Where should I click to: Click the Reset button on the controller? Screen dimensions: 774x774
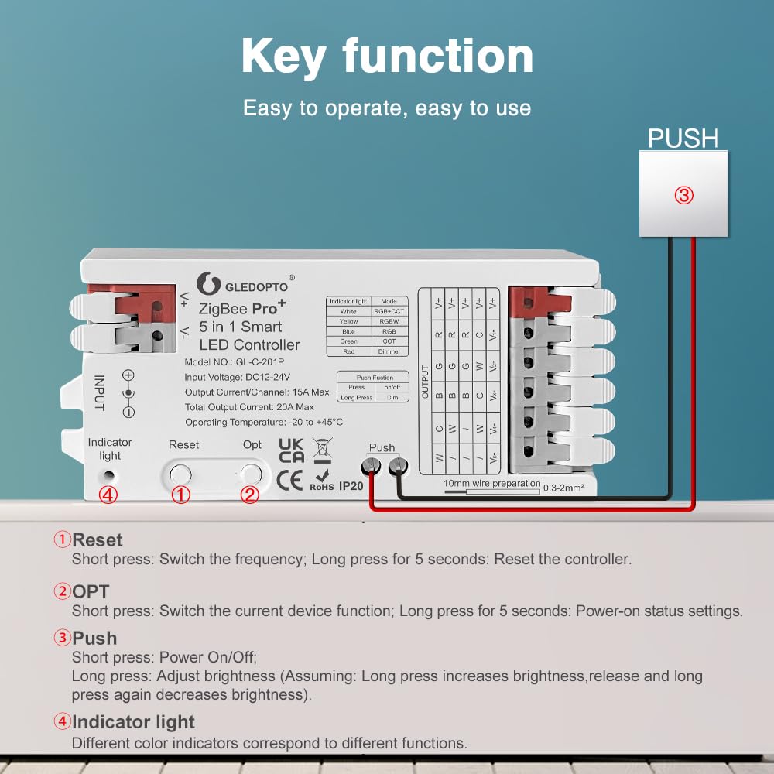click(x=180, y=473)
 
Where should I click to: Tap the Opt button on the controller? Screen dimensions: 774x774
click(x=251, y=473)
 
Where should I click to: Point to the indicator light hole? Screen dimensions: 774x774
click(x=110, y=475)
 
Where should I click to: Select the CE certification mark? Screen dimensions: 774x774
click(x=291, y=480)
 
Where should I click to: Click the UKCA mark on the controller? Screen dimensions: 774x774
click(x=291, y=450)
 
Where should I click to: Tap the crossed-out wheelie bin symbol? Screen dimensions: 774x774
click(x=320, y=449)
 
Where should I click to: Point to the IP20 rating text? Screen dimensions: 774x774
click(x=351, y=485)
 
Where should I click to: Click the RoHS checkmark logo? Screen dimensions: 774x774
click(x=322, y=479)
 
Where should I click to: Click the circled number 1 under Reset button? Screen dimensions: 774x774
click(x=180, y=495)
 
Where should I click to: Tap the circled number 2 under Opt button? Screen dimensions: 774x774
click(x=250, y=495)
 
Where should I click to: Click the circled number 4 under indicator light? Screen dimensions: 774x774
click(x=109, y=495)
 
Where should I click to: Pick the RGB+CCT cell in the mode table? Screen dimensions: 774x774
click(x=389, y=311)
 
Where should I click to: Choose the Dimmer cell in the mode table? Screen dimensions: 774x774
click(x=389, y=351)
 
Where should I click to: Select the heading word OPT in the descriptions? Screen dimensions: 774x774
click(x=91, y=591)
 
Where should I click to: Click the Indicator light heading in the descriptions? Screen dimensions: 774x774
click(x=133, y=722)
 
